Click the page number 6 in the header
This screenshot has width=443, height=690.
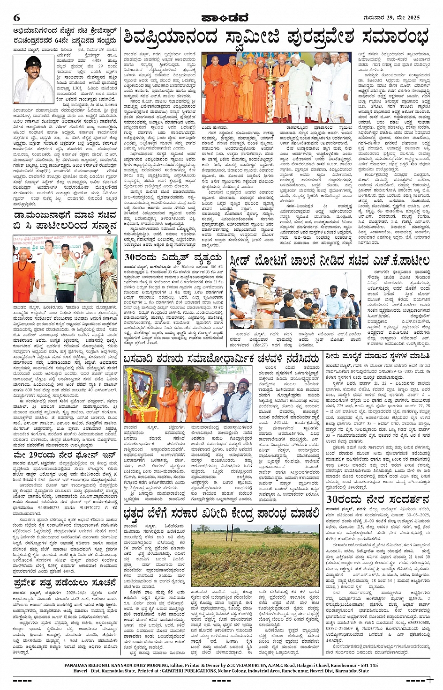(x=16, y=17)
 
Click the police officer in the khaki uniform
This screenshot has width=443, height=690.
(x=267, y=300)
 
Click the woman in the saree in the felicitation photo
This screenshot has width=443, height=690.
(x=108, y=276)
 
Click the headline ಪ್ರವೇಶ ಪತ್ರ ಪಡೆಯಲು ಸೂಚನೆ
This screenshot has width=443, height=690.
(x=65, y=583)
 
